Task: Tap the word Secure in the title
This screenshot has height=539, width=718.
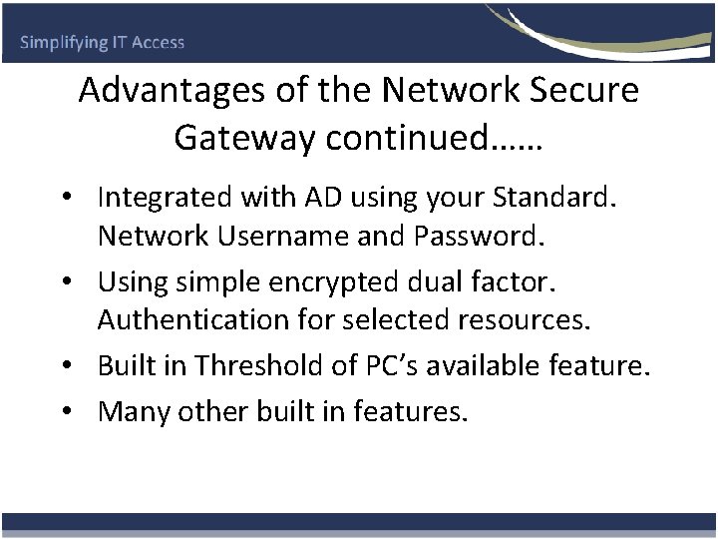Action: [580, 91]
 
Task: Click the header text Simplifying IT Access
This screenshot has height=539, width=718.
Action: [103, 43]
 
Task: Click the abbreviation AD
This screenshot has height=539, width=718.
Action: [315, 198]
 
